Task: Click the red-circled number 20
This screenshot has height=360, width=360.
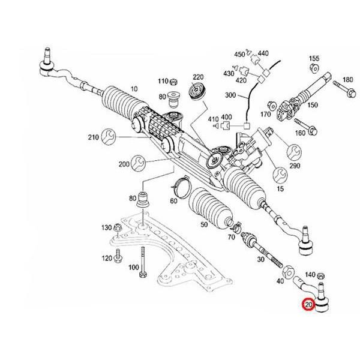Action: tap(308, 304)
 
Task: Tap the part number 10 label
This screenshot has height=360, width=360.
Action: tap(133, 89)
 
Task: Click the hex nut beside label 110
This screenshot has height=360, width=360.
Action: tap(174, 81)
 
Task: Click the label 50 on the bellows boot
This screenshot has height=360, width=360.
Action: tap(204, 224)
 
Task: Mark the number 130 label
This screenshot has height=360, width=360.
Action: tap(106, 228)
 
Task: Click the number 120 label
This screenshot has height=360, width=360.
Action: tap(106, 258)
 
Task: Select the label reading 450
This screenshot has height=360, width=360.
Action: tap(239, 55)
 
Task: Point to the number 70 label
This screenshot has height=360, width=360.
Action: tap(231, 238)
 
